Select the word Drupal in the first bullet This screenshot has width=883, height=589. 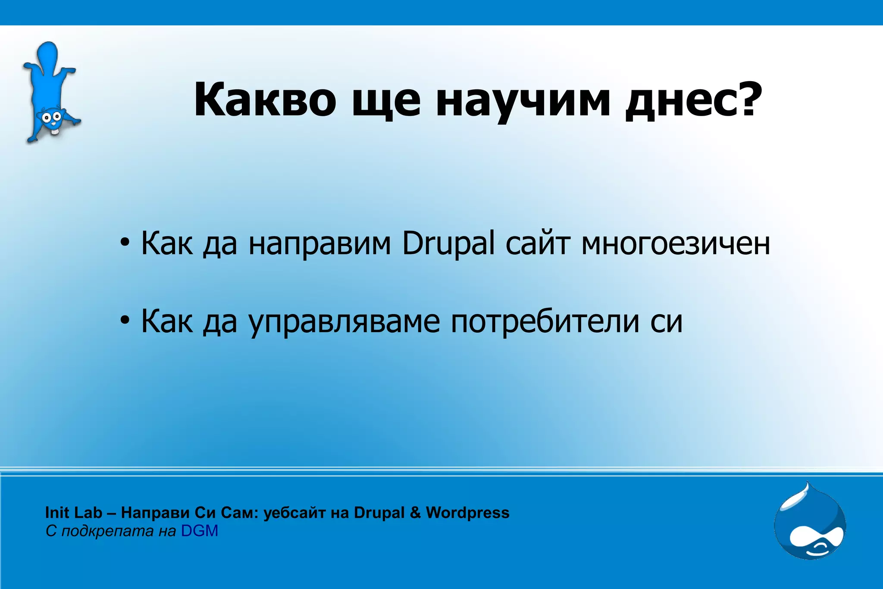coord(448,244)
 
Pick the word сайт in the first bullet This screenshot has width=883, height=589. coord(538,244)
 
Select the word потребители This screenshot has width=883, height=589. coord(545,321)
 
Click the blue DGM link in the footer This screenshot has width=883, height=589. coord(199,531)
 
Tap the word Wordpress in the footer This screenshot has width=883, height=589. coord(467,513)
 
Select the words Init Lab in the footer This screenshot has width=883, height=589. coord(73,513)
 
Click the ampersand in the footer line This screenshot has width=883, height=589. coord(415,513)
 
